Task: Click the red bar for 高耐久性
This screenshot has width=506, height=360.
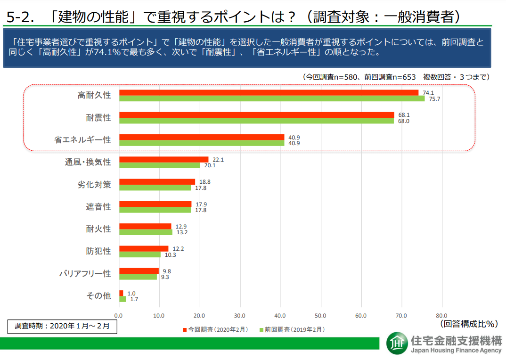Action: [269, 92]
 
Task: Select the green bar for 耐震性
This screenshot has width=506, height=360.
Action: [256, 121]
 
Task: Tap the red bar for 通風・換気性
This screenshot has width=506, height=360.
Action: [163, 160]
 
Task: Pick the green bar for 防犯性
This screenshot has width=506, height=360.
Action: [140, 254]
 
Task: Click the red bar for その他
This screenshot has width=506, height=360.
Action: [121, 293]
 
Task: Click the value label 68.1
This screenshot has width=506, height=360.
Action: [404, 115]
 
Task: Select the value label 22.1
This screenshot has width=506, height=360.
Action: [218, 160]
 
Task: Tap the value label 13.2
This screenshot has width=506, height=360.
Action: [182, 232]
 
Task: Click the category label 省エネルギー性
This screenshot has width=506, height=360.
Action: [82, 140]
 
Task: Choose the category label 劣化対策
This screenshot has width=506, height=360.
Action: [94, 184]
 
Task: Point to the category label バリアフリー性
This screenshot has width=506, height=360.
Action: [85, 273]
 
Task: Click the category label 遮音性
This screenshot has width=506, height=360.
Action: [98, 206]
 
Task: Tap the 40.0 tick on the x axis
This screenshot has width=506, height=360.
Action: [280, 315]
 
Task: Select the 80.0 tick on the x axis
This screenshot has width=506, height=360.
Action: [441, 315]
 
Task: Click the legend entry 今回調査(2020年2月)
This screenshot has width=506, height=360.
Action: [215, 330]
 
